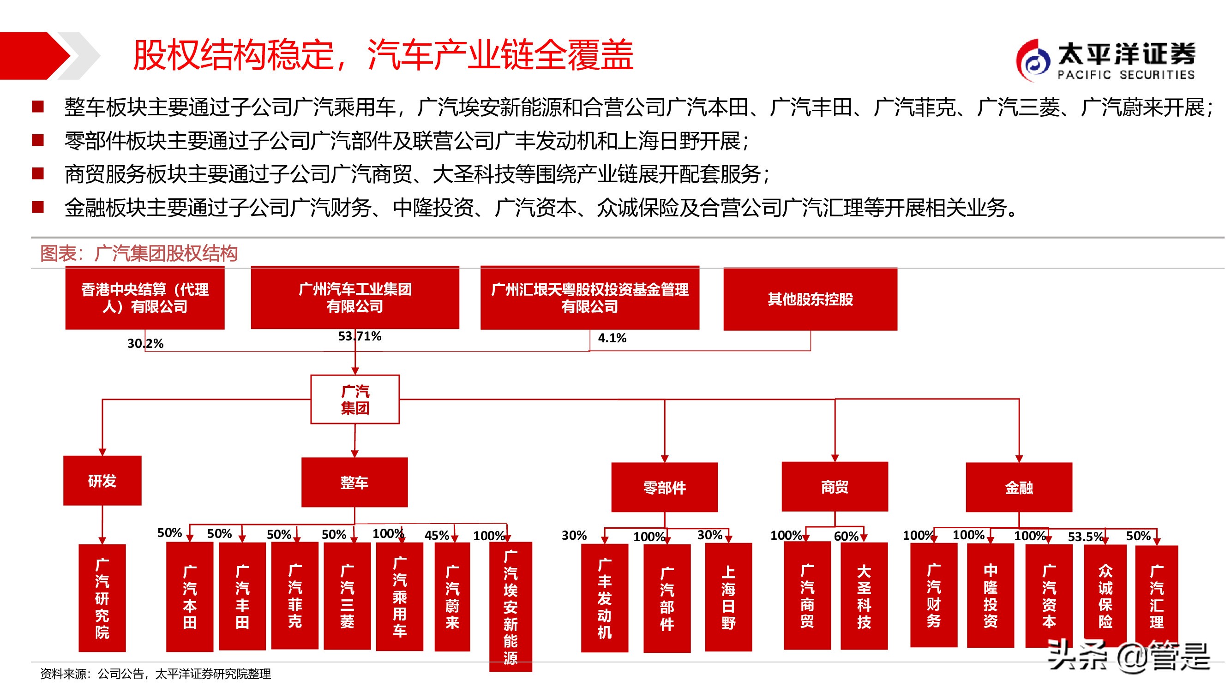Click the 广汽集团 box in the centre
(x=354, y=399)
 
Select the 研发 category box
(x=102, y=480)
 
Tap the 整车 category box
(x=354, y=483)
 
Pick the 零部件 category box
(x=664, y=487)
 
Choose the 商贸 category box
(x=835, y=487)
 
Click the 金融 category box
(x=1019, y=487)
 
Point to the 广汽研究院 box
(x=102, y=598)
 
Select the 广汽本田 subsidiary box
(x=190, y=597)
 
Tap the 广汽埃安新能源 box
(x=510, y=607)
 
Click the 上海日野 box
(x=728, y=597)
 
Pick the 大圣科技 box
(x=864, y=596)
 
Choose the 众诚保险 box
(x=1105, y=596)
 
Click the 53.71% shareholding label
(x=360, y=336)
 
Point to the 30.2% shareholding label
(x=145, y=343)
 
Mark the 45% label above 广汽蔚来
(x=436, y=535)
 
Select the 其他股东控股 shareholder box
(x=810, y=299)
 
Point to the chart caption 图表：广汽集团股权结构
(x=138, y=253)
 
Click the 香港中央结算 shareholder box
(x=145, y=298)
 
